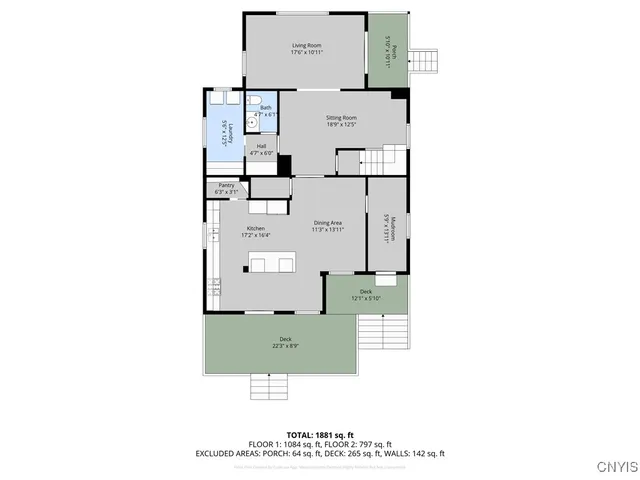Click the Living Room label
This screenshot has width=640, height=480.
coord(305,49)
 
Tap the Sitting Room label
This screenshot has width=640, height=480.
coord(341,121)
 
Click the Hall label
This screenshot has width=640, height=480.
coord(260,149)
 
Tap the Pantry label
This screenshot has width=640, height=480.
coord(225,188)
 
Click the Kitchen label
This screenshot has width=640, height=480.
coord(256,231)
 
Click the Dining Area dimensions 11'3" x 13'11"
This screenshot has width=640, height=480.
coord(328,230)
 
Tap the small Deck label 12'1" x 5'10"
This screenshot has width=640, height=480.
coord(366,295)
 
